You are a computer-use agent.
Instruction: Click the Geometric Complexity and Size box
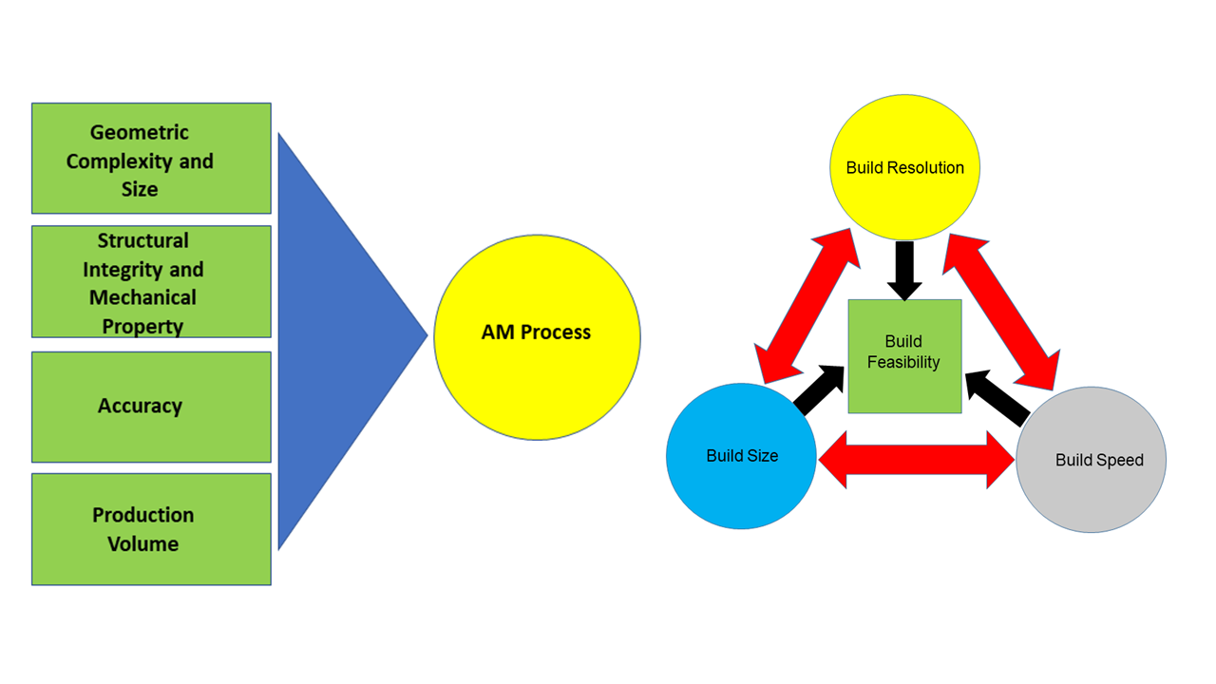click(151, 159)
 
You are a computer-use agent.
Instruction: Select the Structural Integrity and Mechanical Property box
click(151, 281)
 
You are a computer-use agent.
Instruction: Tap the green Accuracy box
click(151, 407)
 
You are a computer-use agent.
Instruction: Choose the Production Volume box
click(151, 529)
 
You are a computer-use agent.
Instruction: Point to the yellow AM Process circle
click(537, 336)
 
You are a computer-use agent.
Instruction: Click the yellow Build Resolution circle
click(904, 167)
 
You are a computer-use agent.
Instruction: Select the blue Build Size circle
click(741, 456)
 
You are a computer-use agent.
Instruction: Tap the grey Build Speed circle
click(1092, 460)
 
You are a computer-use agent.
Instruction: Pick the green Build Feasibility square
click(904, 356)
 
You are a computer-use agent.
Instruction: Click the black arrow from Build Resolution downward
click(903, 269)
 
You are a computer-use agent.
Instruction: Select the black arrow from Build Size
click(819, 390)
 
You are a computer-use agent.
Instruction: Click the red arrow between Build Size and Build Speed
click(917, 460)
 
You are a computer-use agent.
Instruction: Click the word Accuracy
click(140, 406)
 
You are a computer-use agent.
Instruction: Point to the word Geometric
click(140, 133)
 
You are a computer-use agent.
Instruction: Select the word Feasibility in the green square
click(903, 362)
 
